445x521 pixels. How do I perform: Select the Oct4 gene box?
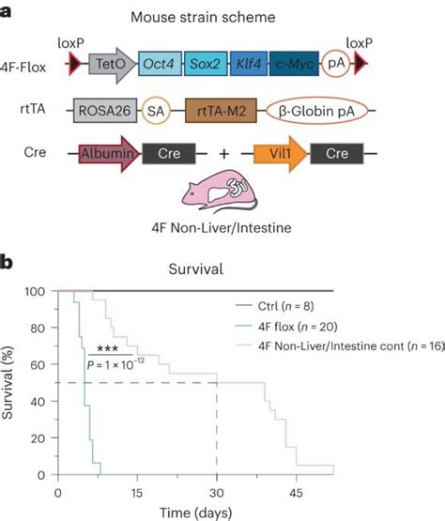pyautogui.click(x=161, y=64)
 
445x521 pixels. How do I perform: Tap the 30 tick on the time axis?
pyautogui.click(x=218, y=492)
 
